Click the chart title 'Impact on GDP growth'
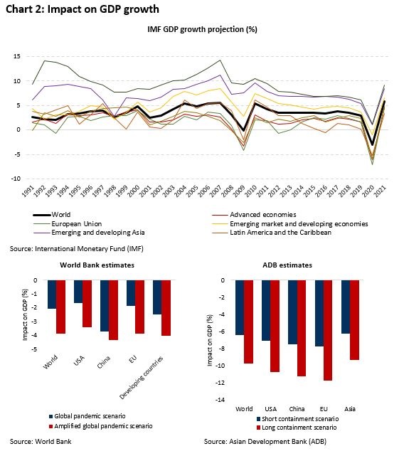click(103, 9)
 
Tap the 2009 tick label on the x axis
click(240, 191)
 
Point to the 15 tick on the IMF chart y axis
click(17, 56)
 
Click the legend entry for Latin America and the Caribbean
click(272, 233)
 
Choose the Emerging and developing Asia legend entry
click(89, 233)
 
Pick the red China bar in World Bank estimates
click(113, 310)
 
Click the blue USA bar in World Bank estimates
click(78, 292)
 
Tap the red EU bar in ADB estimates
click(328, 330)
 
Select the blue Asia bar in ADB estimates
click(346, 307)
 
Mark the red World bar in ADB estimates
click(248, 322)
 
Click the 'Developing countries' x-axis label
click(142, 378)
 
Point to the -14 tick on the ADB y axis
click(220, 400)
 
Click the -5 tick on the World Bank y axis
click(34, 349)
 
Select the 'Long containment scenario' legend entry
click(297, 428)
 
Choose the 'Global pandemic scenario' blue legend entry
click(87, 416)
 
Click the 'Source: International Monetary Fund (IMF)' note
click(77, 249)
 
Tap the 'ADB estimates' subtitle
click(287, 265)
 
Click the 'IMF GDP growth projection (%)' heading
click(203, 30)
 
